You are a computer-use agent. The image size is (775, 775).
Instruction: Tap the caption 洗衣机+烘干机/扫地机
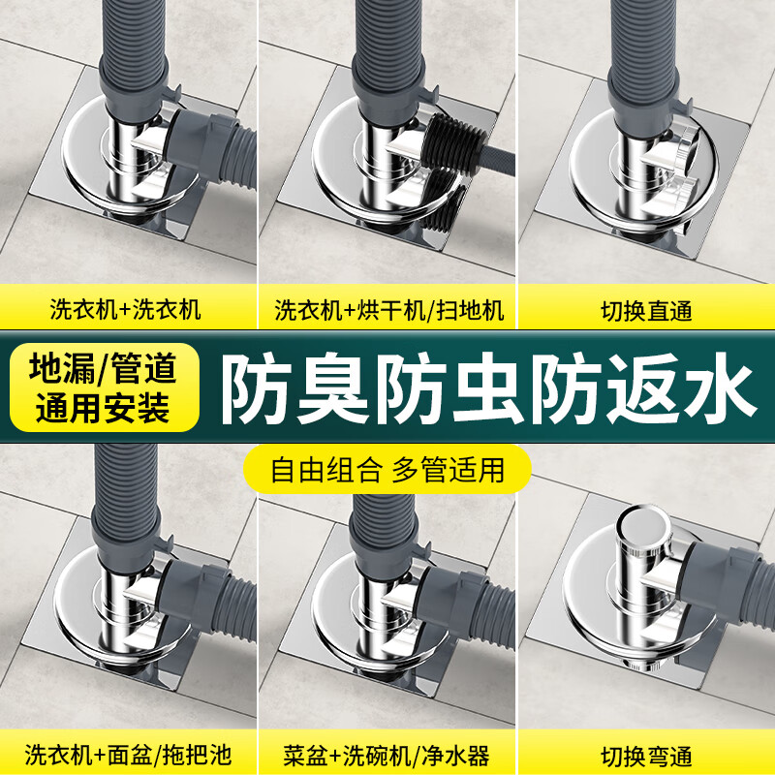click(x=388, y=310)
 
